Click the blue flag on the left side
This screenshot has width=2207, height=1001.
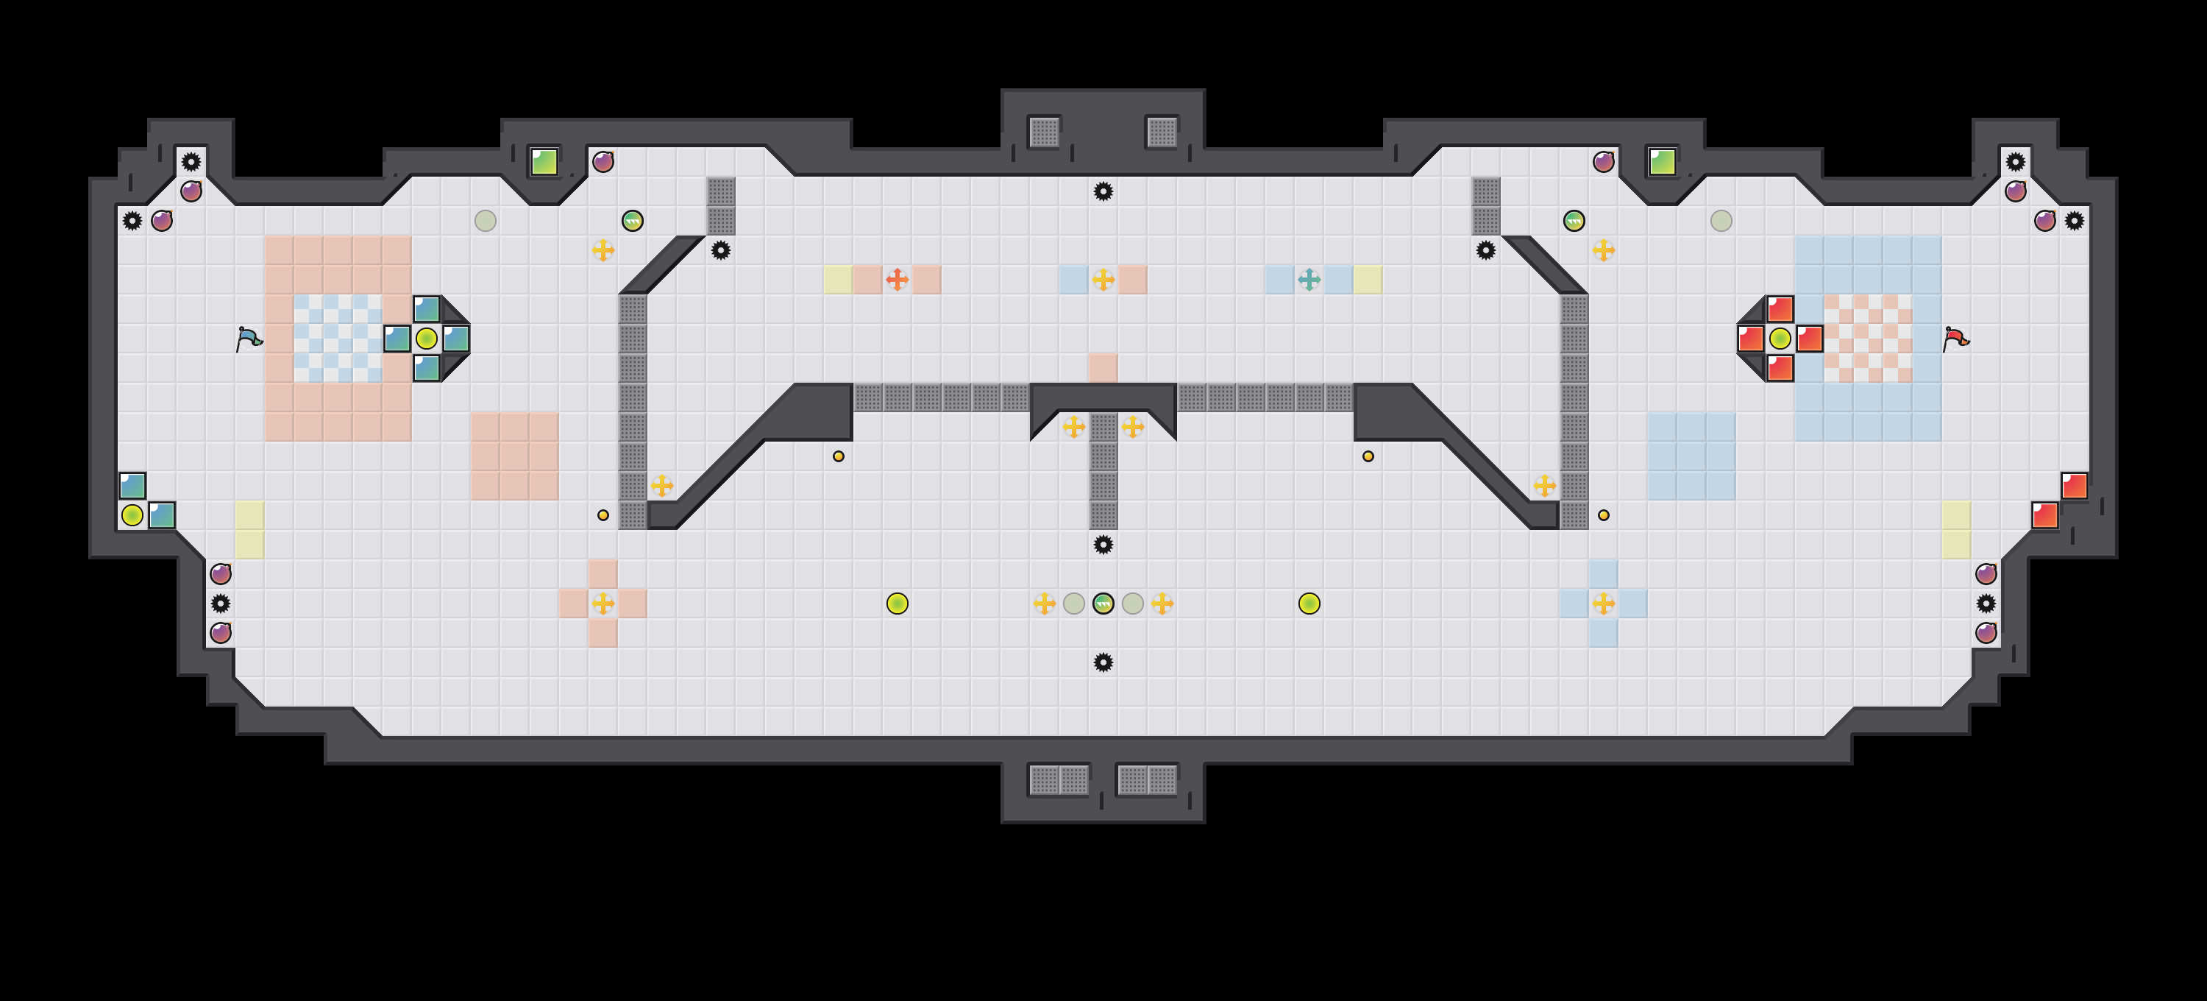[249, 339]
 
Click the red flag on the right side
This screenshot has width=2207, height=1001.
[1955, 339]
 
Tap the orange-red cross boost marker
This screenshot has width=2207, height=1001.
[897, 280]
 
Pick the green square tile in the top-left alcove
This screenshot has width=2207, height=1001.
[544, 161]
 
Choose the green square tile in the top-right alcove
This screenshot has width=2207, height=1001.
[1662, 161]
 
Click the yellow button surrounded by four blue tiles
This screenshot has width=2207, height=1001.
[427, 339]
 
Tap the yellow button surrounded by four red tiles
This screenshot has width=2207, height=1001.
[1780, 339]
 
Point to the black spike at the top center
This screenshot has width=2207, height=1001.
[1103, 191]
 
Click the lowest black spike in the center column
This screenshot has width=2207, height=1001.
[1103, 662]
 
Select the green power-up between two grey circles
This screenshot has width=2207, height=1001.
[1103, 604]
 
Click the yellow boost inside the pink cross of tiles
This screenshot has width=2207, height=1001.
[603, 604]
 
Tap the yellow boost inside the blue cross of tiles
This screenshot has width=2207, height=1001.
[1603, 604]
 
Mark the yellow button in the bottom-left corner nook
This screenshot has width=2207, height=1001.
[132, 515]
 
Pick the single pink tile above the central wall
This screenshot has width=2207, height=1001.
[1103, 368]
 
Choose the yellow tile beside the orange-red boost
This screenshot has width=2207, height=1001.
[838, 280]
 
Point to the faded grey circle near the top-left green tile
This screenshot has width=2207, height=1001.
[485, 220]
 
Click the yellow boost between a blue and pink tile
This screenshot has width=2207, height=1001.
[1103, 280]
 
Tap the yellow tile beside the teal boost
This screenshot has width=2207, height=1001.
[1368, 280]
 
